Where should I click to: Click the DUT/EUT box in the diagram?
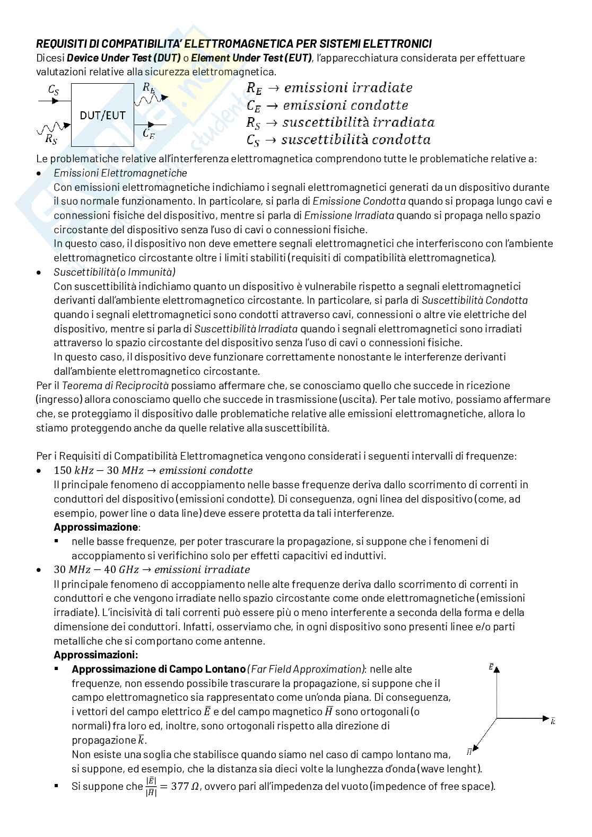tap(103, 115)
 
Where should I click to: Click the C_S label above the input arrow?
tap(54, 90)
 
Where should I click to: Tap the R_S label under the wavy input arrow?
tap(51, 139)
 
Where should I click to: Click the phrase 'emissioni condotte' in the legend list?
tap(345, 105)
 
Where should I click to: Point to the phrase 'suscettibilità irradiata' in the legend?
tap(358, 122)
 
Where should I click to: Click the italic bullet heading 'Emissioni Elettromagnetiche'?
tap(120, 173)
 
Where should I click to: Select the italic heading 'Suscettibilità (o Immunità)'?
tap(115, 272)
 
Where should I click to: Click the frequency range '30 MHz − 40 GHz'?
tap(96, 570)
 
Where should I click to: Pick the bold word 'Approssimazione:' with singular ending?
tap(97, 527)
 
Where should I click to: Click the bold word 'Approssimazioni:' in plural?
tap(96, 655)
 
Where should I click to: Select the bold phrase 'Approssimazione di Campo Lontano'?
tap(159, 669)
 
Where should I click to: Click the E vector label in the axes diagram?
tap(491, 666)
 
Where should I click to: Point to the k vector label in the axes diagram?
tap(553, 721)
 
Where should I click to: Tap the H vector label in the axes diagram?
tap(469, 751)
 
